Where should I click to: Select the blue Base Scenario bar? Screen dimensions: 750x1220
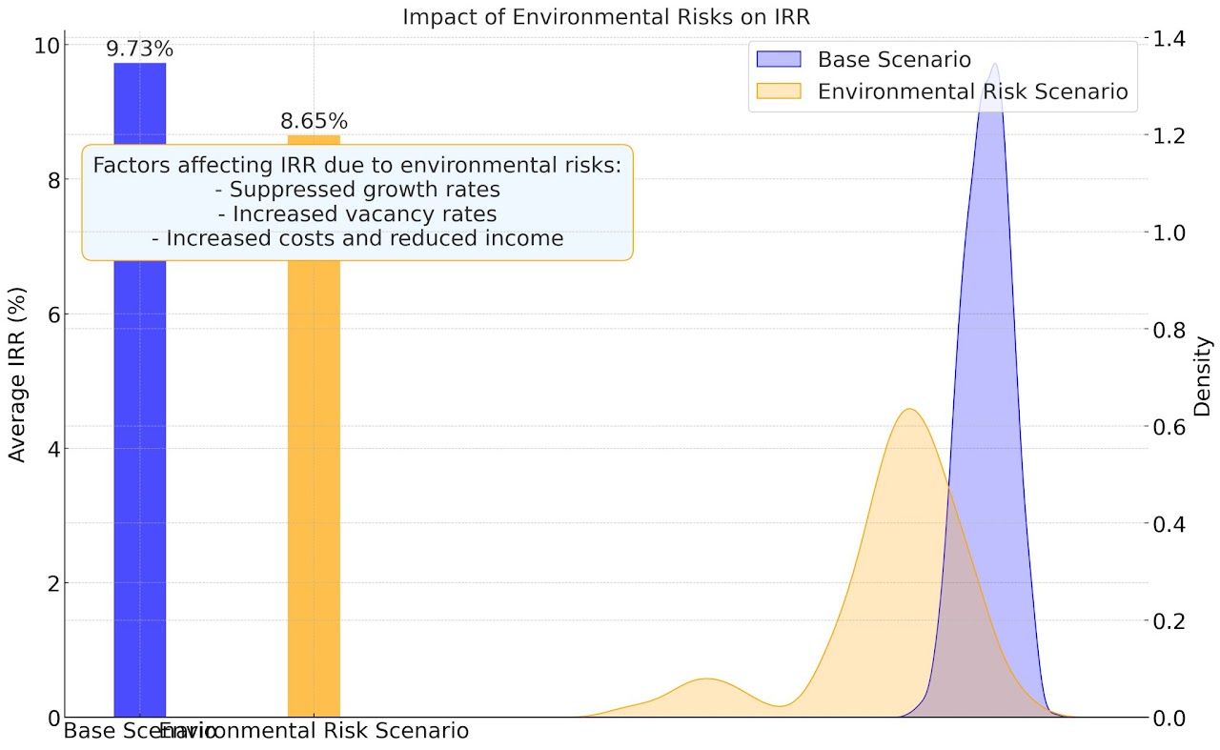[x=139, y=476]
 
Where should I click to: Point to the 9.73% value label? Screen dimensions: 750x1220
[x=139, y=50]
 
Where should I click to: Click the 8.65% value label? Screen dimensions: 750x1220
[x=314, y=122]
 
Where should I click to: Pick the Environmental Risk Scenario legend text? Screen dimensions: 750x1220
[x=972, y=91]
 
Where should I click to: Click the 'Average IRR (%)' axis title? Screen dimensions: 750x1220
[x=16, y=374]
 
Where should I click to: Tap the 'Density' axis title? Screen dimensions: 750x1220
[x=1202, y=375]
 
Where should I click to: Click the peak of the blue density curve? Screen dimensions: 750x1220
[x=994, y=65]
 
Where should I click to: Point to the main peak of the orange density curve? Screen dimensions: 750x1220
[x=910, y=411]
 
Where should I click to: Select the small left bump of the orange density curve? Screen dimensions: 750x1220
[x=706, y=680]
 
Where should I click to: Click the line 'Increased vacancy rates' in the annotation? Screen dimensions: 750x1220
[x=357, y=213]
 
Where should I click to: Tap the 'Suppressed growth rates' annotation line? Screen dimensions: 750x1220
[x=357, y=189]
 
